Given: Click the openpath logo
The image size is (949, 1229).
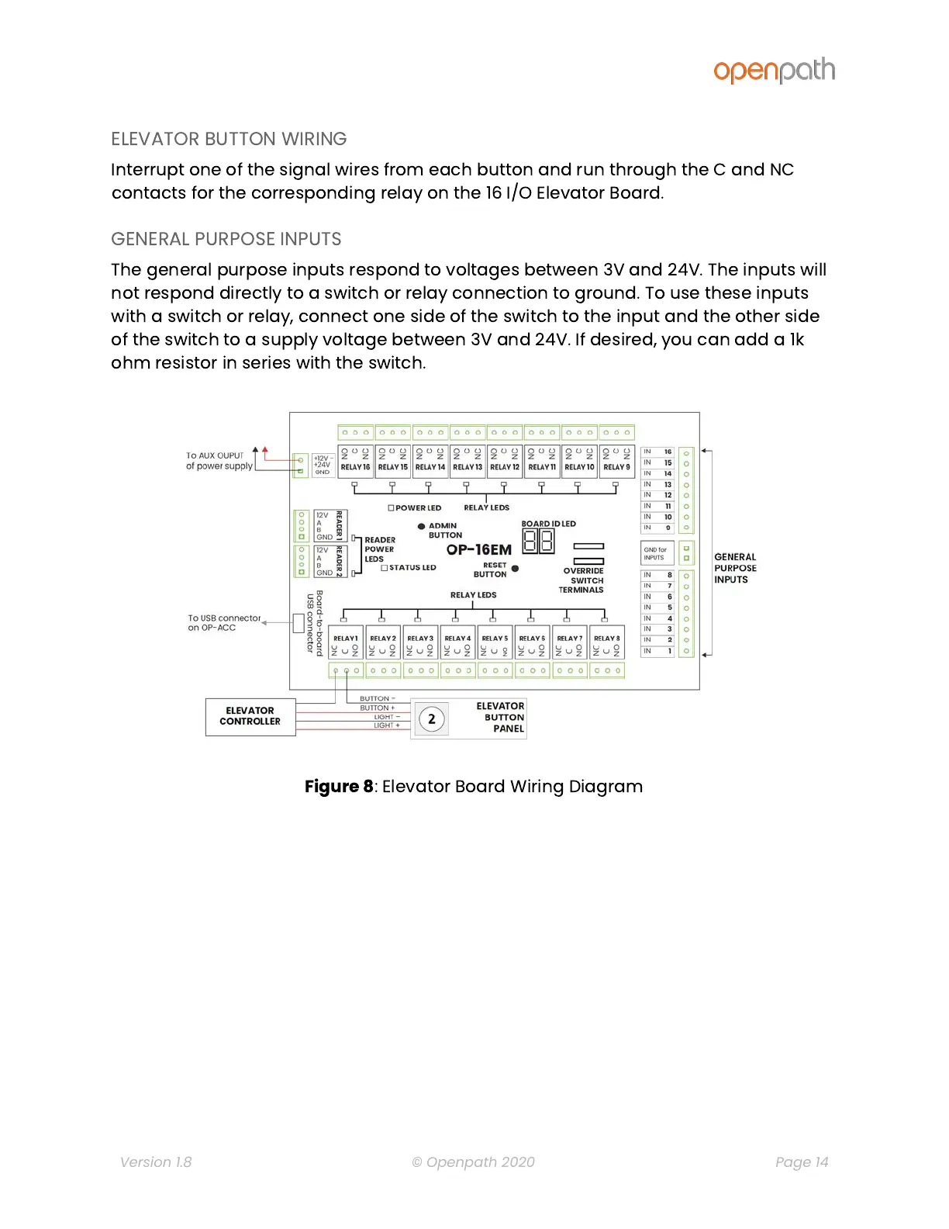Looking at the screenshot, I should coord(774,71).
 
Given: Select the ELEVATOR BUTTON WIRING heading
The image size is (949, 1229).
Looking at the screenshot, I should coord(229,139).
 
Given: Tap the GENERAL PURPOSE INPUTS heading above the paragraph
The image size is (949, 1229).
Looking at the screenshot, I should coord(226,239).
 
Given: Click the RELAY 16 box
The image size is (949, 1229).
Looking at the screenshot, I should coord(355,461).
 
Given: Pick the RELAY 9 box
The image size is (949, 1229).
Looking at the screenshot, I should coord(616,461).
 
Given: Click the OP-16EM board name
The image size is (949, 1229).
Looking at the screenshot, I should coord(478,549).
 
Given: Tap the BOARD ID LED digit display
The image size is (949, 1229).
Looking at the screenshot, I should coord(538,541).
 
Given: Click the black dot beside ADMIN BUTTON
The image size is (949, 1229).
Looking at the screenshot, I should coord(421,526).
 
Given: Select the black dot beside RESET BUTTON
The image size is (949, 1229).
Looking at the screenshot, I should coord(515,569).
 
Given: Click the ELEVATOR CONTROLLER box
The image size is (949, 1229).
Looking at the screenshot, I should coord(250,716).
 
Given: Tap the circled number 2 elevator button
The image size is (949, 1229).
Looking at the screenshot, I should coord(432,719).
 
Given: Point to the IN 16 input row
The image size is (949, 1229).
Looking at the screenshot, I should coord(657,452).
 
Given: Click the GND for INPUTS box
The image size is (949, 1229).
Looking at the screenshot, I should coord(655,553).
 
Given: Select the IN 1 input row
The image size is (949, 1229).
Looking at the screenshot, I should coord(657,651).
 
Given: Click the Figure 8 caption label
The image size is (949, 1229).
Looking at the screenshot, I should coord(339,787).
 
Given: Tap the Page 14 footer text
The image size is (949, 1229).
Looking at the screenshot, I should coord(801,1161).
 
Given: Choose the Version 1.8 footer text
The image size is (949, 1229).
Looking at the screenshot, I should coord(156,1161).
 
